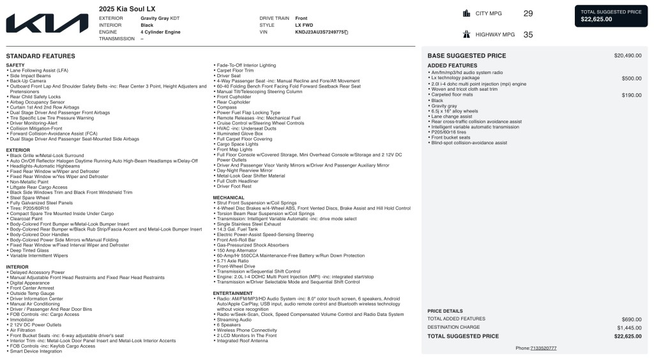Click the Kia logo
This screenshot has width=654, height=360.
coord(47,24)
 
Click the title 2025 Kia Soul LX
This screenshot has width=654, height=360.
coord(126,8)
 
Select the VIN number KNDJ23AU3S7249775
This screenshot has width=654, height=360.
coord(320,32)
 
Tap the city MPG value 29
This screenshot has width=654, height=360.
coord(528,13)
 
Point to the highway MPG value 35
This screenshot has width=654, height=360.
coord(528,35)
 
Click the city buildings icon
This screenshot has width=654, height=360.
coord(465,13)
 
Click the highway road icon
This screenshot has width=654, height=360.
coord(465,35)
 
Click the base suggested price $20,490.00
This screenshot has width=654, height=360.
coord(627,56)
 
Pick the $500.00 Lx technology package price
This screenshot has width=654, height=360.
coord(631,78)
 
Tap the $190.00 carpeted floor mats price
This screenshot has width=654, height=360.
coord(631,94)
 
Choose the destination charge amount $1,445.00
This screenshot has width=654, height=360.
coord(627,327)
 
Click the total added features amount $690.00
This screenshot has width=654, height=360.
coord(631,319)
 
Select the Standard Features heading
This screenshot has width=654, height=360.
coord(40,56)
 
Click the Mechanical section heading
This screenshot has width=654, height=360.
coord(229,198)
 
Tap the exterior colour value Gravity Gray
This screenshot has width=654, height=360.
coord(156,19)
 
